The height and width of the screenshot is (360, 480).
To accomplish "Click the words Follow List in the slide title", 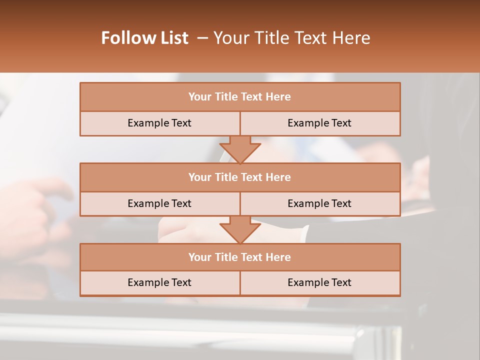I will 145,38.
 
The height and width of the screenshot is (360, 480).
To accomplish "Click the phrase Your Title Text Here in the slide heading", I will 292,38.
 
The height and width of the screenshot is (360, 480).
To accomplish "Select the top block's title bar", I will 240,97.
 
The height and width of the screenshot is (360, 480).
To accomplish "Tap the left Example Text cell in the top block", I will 159,123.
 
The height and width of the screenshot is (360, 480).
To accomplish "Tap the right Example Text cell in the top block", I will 319,123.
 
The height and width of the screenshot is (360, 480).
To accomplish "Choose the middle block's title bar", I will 240,177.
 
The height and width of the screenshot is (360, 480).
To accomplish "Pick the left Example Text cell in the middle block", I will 159,203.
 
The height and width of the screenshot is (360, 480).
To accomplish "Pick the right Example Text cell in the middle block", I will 319,203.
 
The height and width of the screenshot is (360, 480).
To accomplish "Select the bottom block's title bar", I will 240,257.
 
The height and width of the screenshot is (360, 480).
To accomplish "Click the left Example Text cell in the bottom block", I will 159,282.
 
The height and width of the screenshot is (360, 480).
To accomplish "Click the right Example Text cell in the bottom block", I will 319,282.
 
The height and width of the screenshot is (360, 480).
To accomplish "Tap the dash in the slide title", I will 202,38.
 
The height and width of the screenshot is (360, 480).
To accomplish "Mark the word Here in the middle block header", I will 278,177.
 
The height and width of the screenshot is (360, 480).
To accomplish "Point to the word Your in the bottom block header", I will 200,257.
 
